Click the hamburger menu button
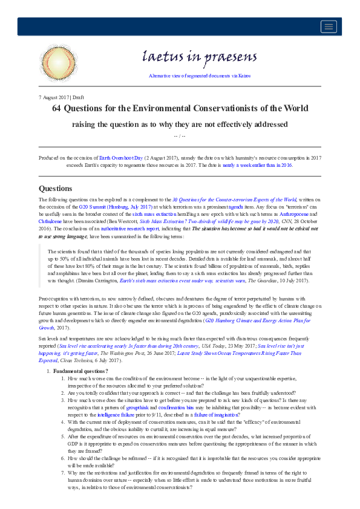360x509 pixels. click(x=329, y=26)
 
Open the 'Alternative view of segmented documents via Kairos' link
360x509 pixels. click(x=199, y=76)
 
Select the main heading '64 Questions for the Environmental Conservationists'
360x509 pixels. click(x=180, y=109)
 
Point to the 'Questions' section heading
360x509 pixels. click(x=55, y=188)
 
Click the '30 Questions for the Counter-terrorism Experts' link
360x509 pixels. click(x=234, y=199)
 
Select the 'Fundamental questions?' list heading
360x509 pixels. click(x=80, y=371)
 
